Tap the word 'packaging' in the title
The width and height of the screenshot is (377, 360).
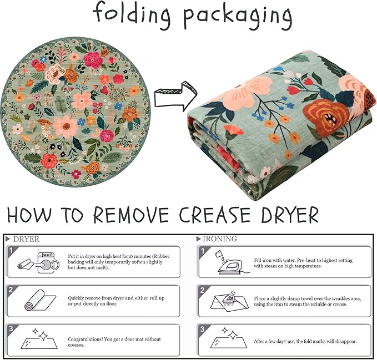tap(238, 17)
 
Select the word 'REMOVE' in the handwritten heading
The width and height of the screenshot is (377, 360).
tap(131, 215)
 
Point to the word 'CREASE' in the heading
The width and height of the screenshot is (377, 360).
tap(214, 215)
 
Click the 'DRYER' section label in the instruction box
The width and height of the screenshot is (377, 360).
tap(27, 239)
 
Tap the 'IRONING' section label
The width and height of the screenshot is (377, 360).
tap(220, 239)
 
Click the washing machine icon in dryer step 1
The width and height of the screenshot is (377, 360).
tap(48, 263)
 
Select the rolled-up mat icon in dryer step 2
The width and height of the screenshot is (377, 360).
tap(40, 300)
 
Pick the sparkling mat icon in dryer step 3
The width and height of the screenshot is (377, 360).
tap(39, 338)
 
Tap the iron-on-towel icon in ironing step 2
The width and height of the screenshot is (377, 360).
tap(230, 300)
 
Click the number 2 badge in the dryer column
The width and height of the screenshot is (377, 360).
tap(11, 290)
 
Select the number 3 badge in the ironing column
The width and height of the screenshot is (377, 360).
tap(203, 329)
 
